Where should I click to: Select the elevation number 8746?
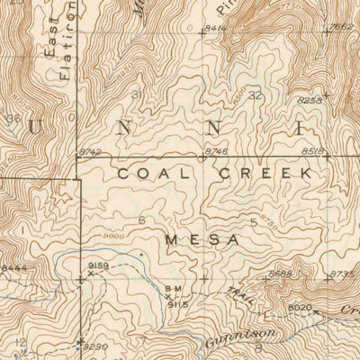217,153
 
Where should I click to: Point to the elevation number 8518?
312,153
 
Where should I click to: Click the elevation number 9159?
99,265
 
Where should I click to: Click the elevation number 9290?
94,346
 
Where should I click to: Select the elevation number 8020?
299,307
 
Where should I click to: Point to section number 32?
256,94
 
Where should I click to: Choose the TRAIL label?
237,294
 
